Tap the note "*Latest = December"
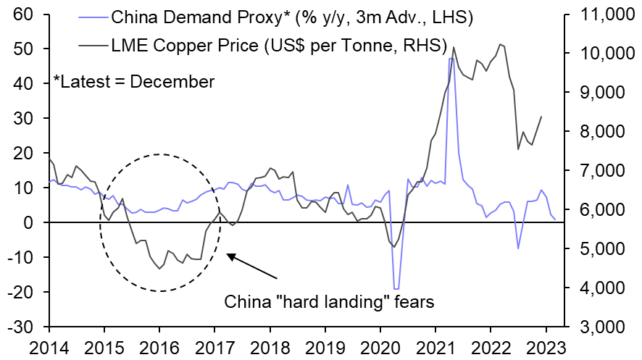(135, 81)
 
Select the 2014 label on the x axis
(49, 346)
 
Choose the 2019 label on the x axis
(327, 346)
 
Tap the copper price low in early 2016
(159, 269)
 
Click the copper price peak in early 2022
(501, 44)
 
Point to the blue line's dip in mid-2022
(518, 248)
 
